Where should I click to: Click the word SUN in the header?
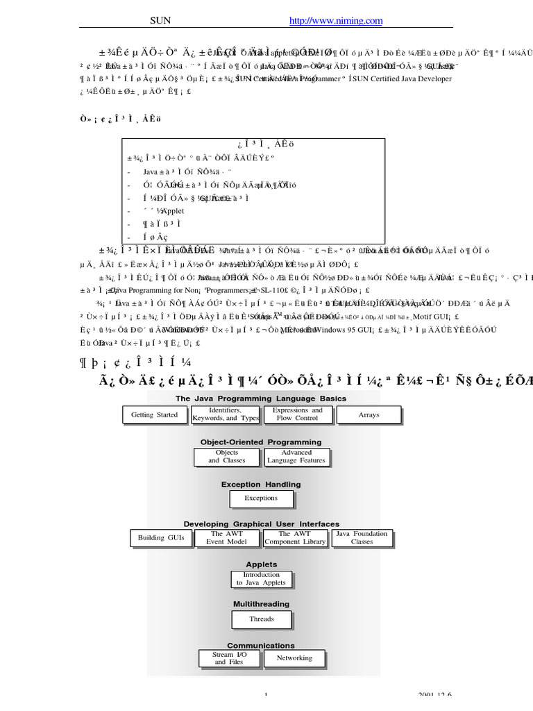(160, 22)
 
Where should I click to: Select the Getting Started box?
(155, 415)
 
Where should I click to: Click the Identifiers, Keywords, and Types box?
(226, 415)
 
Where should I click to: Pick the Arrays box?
(369, 415)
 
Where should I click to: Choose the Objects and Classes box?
(227, 456)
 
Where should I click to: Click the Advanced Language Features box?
(296, 456)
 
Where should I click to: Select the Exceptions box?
(261, 498)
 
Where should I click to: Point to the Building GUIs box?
(161, 538)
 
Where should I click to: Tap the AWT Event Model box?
(227, 538)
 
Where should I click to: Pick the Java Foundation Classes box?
(362, 538)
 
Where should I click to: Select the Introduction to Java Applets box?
(261, 579)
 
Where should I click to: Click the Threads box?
(262, 619)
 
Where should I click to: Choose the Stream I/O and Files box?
(229, 658)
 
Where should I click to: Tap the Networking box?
(294, 658)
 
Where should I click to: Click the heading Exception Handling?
(261, 485)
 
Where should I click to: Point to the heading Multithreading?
(261, 605)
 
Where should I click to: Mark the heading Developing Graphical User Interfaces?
(261, 524)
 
